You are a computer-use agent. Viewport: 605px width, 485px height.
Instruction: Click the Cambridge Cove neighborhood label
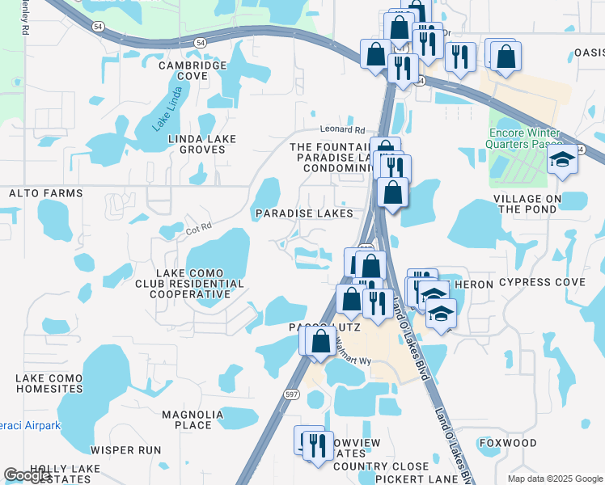point(192,70)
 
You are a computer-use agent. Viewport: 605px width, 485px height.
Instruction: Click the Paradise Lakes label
point(303,213)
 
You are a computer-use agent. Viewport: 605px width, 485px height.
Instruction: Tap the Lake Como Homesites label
point(49,383)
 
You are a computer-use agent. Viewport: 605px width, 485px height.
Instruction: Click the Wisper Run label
point(125,450)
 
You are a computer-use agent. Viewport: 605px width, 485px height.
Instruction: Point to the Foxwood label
point(508,443)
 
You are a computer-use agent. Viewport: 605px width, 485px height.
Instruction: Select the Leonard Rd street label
point(342,129)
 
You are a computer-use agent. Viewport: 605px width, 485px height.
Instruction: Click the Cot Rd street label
point(197,227)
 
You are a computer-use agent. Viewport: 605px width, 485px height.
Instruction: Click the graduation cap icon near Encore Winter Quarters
point(560,161)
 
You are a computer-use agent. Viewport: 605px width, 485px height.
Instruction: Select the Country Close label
point(380,466)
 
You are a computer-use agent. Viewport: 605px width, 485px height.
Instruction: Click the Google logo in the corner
point(27,475)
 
